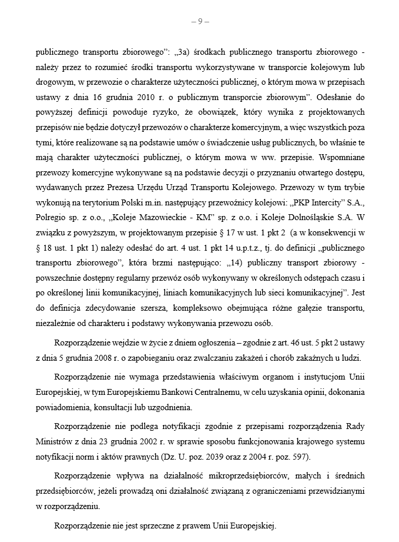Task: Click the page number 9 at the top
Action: coord(200,22)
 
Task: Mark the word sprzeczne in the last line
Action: coord(152,526)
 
